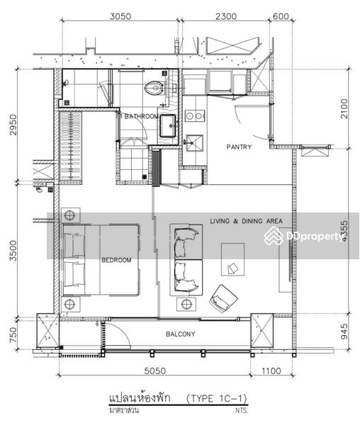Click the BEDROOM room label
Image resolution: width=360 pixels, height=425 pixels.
click(x=116, y=260)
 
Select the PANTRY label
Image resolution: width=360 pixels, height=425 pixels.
click(x=239, y=147)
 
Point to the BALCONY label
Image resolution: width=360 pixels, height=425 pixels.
click(x=181, y=334)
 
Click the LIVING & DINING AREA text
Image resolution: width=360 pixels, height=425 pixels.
click(x=246, y=221)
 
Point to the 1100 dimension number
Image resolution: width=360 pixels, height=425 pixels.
click(x=271, y=371)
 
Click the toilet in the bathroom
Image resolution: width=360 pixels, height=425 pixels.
click(x=152, y=89)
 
